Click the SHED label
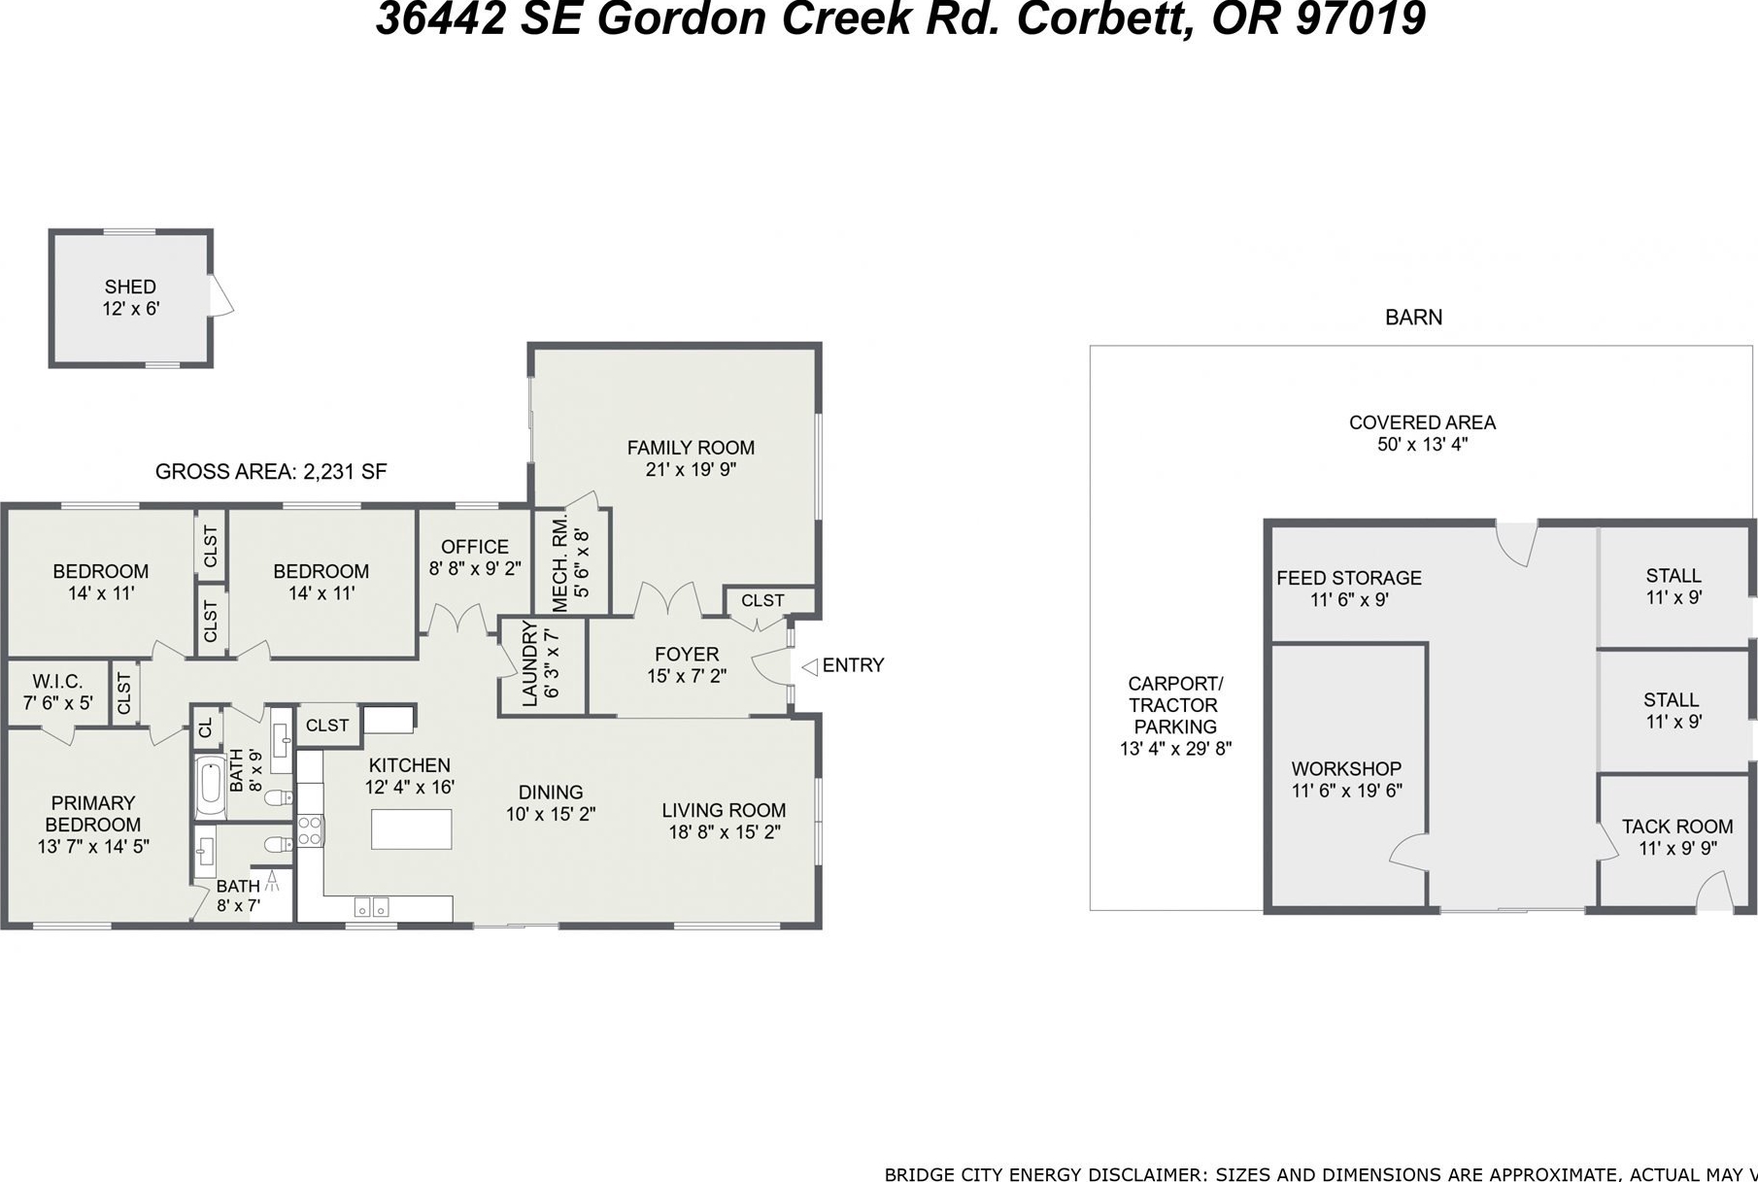(130, 287)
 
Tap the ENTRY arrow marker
(809, 666)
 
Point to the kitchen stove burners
(309, 831)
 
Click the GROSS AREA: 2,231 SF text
(271, 472)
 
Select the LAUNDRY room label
(529, 663)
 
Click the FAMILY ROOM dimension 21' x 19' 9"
(691, 470)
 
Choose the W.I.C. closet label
(57, 681)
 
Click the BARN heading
(1413, 318)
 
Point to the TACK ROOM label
(1677, 827)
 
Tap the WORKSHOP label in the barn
(1346, 768)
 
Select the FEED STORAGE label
(1349, 578)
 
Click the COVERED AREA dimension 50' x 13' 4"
(1422, 445)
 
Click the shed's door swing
(221, 294)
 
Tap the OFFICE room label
(475, 547)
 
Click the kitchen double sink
(372, 907)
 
